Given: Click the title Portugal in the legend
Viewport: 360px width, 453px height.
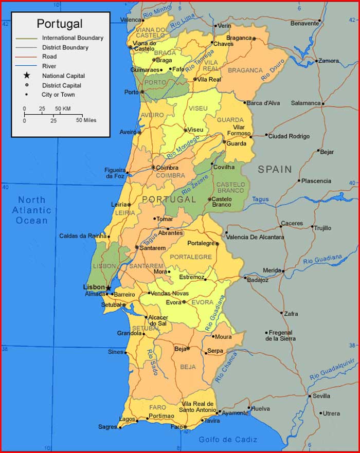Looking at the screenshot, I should coord(59,24).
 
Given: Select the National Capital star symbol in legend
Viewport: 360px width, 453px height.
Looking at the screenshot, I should coord(27,76).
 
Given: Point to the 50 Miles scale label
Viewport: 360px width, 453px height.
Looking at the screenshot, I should coord(86,120).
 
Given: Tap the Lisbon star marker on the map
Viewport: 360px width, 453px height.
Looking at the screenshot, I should coord(109,288).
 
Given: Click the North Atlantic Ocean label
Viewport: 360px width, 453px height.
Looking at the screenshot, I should coord(32,210).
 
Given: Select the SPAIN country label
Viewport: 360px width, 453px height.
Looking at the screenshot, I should coord(275,169).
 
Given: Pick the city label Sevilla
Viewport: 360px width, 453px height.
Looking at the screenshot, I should coord(321,396).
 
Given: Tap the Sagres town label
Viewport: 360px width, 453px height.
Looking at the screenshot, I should coord(107,427).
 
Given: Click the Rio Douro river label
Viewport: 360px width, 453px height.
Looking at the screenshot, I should coord(273,70).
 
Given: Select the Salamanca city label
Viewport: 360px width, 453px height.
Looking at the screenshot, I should coord(305,103).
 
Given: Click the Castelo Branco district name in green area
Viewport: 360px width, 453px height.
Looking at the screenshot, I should coord(230,188).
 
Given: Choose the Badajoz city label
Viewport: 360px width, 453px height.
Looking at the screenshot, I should coord(258,280).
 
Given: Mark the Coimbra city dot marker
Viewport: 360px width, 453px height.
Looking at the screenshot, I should coord(153,167).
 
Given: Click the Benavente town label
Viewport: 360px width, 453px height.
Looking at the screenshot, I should coord(305,23).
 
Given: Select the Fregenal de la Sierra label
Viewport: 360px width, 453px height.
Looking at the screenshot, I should coord(280,336).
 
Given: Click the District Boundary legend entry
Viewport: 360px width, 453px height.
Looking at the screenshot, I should coord(65,47).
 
